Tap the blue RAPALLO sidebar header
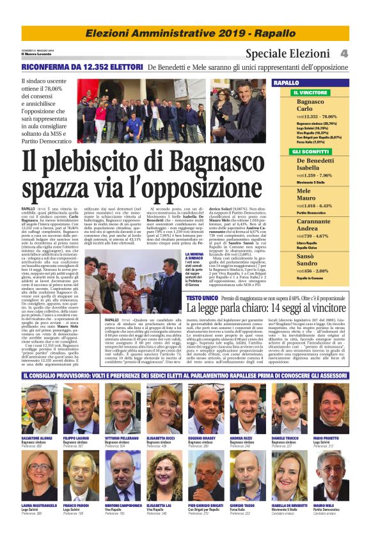[304, 83]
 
